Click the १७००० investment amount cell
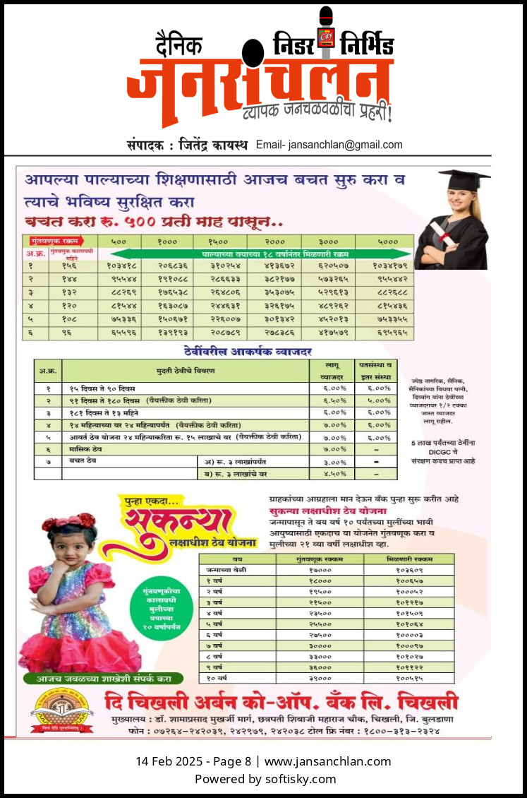(x=320, y=569)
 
